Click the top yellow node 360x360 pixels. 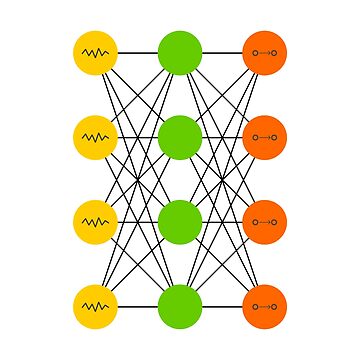95,52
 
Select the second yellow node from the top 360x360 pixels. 95,137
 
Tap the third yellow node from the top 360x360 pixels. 95,222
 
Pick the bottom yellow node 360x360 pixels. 95,306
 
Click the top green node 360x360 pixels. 180,52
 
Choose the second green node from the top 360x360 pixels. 180,137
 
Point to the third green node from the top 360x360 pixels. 180,222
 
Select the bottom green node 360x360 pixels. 180,306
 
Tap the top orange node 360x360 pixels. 265,52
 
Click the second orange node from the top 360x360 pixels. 265,137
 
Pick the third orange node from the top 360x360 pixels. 265,222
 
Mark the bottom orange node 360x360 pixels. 265,306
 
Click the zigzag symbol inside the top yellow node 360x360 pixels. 95,52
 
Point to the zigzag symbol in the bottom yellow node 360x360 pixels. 95,306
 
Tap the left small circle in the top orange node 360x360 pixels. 256,52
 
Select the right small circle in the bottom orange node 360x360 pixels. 274,306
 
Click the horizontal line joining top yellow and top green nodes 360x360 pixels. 138,52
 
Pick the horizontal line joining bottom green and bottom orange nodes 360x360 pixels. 222,306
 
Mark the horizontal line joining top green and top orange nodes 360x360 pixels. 222,52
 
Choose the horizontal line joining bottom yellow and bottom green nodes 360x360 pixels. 138,306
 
